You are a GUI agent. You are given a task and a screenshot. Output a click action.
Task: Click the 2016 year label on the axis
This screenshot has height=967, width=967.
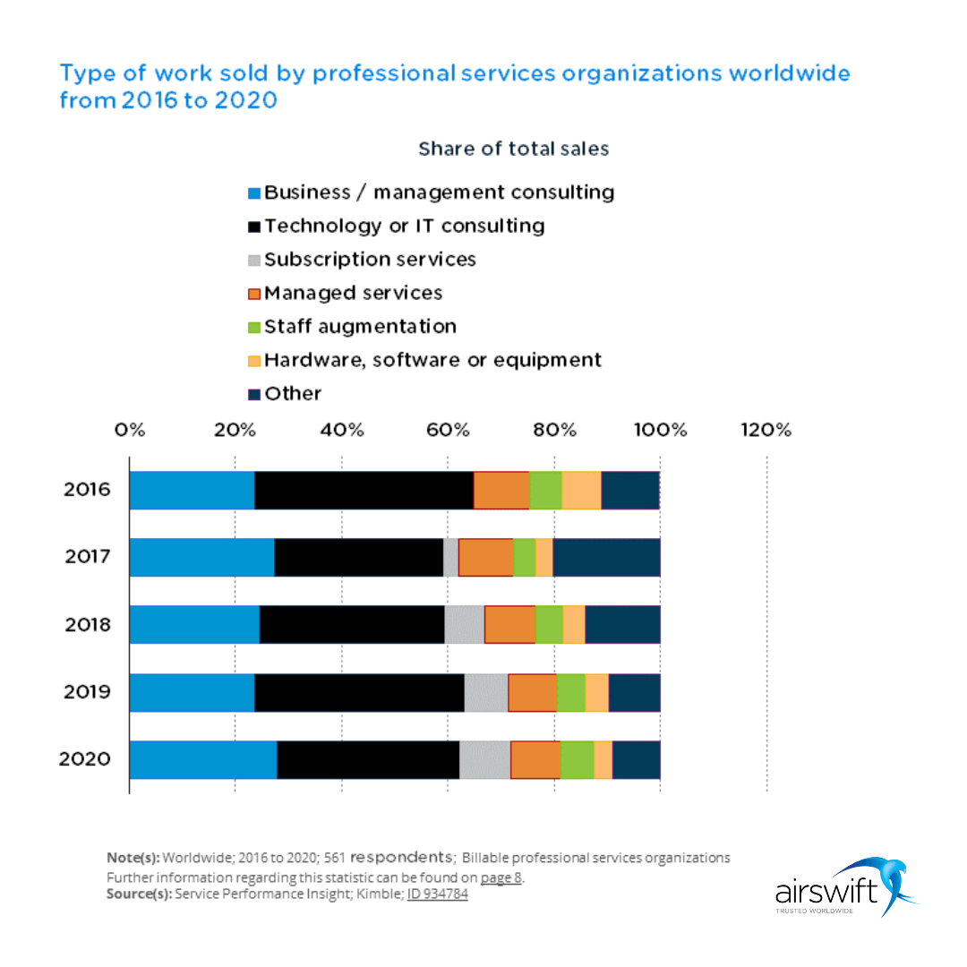[87, 490]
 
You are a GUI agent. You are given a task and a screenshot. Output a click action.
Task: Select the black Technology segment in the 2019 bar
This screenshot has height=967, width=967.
[359, 692]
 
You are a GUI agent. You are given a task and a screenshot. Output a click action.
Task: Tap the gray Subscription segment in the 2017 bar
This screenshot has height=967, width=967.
[450, 557]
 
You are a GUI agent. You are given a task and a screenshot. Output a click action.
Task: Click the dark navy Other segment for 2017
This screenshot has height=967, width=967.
[606, 557]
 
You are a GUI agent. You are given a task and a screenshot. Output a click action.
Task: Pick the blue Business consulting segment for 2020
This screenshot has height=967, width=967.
[203, 760]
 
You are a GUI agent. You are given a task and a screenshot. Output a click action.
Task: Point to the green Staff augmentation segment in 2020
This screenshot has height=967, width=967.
[577, 760]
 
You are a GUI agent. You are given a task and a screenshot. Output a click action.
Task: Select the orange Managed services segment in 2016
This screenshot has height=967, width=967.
[501, 490]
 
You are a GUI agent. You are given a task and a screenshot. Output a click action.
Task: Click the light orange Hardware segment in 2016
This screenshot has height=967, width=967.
[581, 490]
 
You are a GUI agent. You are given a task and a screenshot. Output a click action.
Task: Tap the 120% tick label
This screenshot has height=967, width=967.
[766, 430]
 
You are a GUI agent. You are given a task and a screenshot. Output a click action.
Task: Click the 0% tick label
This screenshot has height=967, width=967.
[130, 430]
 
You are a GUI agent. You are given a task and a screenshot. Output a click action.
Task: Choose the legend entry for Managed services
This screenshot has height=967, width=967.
[353, 293]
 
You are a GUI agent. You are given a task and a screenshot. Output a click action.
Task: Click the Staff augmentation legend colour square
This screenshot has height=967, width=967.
[254, 327]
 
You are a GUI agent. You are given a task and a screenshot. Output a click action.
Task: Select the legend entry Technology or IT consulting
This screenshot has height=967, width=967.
[404, 226]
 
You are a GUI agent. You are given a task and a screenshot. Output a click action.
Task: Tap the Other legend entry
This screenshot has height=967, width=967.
[292, 394]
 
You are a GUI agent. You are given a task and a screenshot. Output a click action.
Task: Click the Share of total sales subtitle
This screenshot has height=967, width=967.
[513, 149]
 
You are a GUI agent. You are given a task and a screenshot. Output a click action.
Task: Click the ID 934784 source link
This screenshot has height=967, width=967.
[437, 894]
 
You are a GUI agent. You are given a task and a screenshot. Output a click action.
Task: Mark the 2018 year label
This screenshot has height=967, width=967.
[87, 624]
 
